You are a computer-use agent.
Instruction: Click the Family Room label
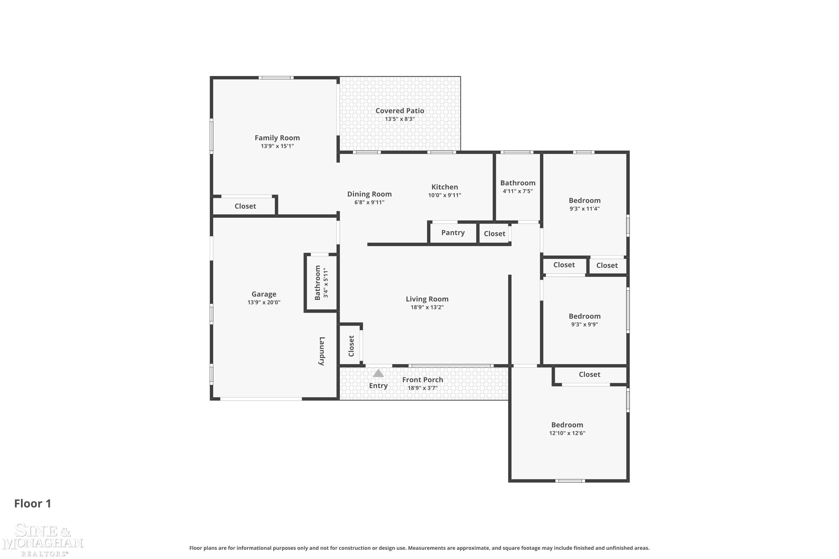277,138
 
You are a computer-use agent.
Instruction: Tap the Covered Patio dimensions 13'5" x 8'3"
400,119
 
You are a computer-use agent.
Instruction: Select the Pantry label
453,233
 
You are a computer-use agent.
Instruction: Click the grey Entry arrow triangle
378,373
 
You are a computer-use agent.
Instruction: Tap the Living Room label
427,299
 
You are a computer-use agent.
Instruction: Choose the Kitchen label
444,187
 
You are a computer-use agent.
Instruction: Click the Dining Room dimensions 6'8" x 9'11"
369,202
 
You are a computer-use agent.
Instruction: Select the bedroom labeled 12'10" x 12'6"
567,425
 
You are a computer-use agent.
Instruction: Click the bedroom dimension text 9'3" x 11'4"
584,209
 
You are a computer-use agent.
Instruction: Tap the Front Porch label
423,380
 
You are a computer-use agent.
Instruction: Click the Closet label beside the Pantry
494,233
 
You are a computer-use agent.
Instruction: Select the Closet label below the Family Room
245,206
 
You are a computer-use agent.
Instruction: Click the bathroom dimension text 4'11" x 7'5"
518,191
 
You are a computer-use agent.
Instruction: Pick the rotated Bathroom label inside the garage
317,283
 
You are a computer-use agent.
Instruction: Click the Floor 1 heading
33,503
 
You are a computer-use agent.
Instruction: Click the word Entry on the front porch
378,385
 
